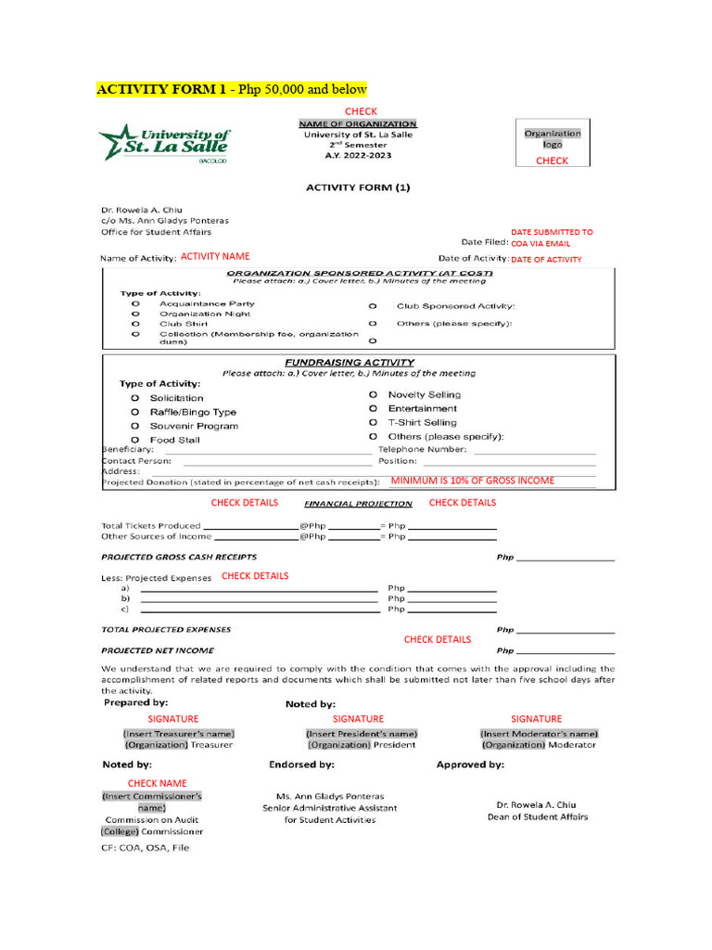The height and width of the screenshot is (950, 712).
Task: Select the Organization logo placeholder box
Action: [553, 142]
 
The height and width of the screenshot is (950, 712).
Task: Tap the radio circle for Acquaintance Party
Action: [135, 303]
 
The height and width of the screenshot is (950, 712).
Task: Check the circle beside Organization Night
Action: [135, 314]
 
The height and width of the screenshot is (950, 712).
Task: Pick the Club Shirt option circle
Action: [135, 324]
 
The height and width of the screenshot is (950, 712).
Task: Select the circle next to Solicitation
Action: [135, 398]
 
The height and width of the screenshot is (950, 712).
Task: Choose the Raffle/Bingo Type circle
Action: [135, 412]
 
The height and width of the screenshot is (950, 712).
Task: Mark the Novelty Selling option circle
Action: [374, 394]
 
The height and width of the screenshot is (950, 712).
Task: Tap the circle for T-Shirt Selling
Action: [374, 422]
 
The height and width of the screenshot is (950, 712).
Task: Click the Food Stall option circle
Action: [135, 440]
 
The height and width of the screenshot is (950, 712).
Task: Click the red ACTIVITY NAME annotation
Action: [215, 256]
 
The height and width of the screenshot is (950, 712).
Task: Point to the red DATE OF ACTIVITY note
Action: [546, 260]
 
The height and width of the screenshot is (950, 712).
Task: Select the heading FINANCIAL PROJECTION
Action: [359, 504]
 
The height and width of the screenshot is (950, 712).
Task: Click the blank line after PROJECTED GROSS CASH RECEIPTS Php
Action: [566, 559]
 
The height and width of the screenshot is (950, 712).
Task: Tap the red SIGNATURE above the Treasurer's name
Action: [173, 719]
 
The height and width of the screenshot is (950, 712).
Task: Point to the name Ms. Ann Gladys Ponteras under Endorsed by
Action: [330, 796]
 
